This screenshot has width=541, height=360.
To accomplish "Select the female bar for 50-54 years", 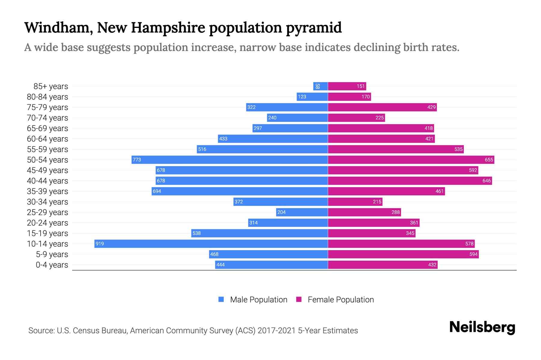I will point(411,160).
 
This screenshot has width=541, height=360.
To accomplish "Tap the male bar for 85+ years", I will point(320,86).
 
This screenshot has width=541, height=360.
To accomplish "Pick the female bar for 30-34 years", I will point(355,202).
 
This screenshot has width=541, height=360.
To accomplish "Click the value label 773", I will point(137,160).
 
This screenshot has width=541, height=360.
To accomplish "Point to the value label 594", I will point(473,254).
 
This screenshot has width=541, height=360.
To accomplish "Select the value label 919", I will point(99,244).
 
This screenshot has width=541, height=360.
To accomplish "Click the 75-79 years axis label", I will point(47,107).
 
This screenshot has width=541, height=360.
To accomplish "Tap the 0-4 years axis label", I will point(52,265).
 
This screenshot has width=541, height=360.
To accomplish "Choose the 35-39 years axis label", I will point(47,191).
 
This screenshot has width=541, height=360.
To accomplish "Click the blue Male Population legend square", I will point(221,299).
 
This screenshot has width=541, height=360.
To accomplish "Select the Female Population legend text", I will point(341,299).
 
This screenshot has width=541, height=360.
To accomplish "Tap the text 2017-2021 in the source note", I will point(277,331).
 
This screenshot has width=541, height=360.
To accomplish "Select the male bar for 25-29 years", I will point(302,212).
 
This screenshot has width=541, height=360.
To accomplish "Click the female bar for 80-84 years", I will point(349,97).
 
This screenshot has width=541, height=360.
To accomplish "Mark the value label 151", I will point(361,86).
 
